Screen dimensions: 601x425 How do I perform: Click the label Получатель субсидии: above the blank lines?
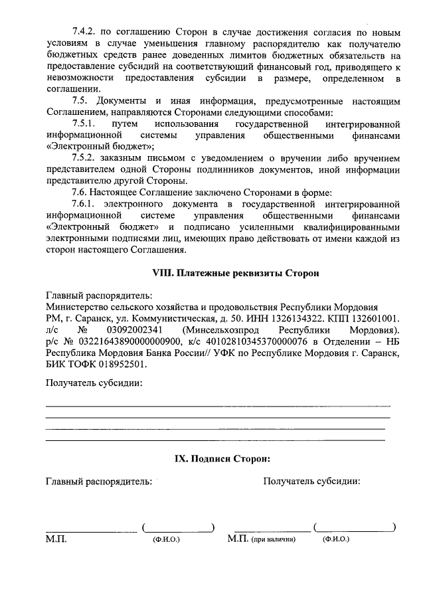(94, 383)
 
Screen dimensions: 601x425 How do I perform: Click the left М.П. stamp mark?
(56, 539)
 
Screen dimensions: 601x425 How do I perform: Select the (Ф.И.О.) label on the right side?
(335, 540)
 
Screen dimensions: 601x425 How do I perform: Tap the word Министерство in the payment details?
(78, 307)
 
